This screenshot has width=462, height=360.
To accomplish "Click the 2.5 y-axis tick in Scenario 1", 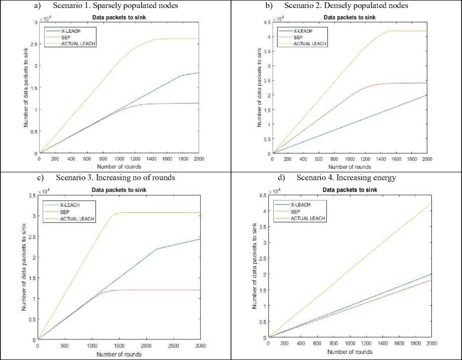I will pyautogui.click(x=35, y=44).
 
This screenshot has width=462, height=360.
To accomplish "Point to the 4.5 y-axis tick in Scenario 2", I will pyautogui.click(x=265, y=22).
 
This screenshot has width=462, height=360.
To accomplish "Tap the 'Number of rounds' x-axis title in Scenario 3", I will pyautogui.click(x=119, y=354).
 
